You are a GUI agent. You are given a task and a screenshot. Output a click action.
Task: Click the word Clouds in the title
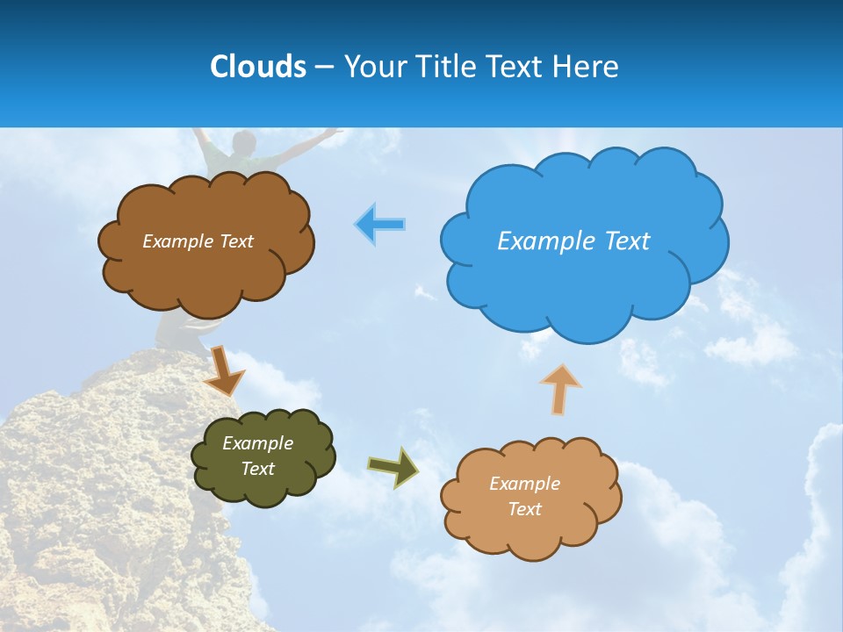pos(258,67)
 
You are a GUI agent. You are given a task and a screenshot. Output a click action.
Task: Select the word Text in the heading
pos(517,67)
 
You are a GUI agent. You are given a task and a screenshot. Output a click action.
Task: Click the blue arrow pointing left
pos(380,225)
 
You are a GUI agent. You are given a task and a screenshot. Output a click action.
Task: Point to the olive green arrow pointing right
pos(393,467)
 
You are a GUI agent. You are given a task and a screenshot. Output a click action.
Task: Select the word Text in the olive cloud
pos(258,469)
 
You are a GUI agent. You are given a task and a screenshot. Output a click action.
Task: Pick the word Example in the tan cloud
pos(524,484)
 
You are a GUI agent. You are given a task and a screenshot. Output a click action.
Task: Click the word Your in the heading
pos(371,67)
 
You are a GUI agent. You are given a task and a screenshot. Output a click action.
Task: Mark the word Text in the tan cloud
pos(525,509)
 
